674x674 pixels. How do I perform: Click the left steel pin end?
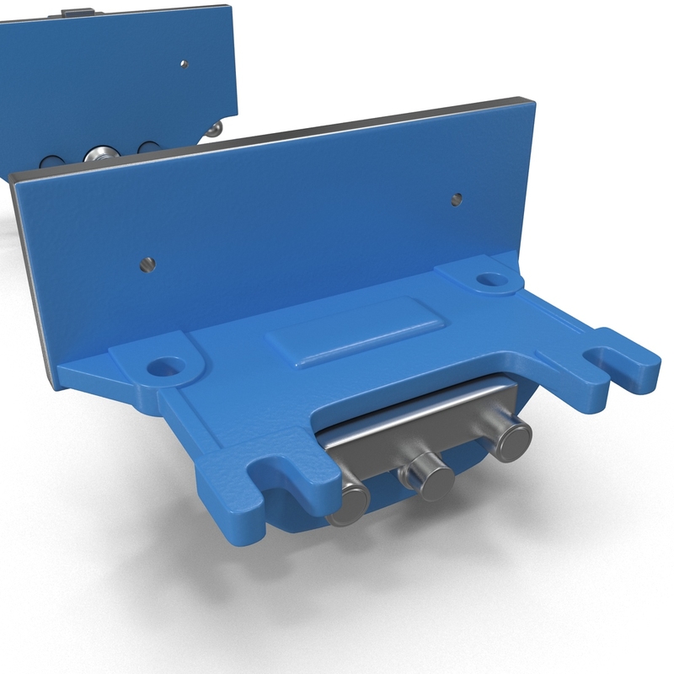click(x=348, y=503)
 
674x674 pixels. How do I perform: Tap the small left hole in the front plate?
click(x=147, y=265)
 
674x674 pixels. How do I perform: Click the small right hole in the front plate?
click(x=456, y=200)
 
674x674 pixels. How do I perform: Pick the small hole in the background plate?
click(x=184, y=64)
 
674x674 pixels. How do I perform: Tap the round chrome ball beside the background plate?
click(x=217, y=128)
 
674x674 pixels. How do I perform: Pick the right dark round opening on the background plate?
click(x=148, y=149)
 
